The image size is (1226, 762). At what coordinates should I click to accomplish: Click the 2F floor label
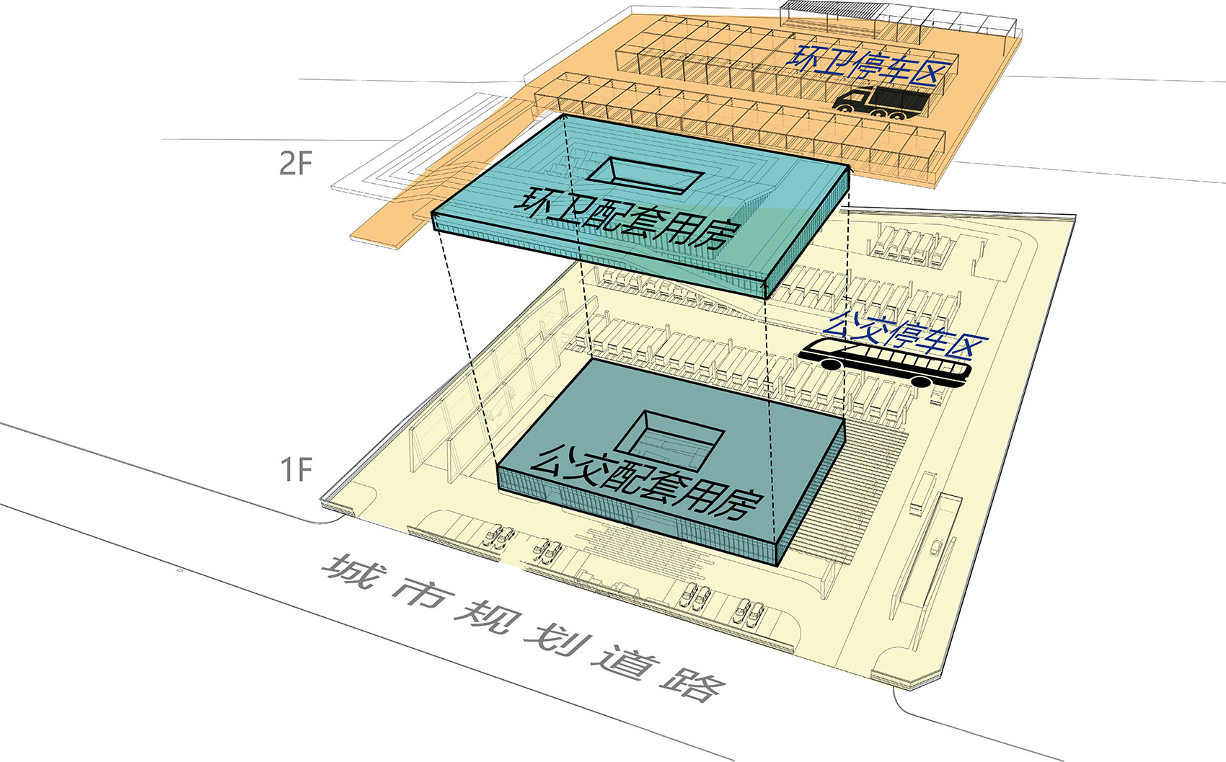click(296, 162)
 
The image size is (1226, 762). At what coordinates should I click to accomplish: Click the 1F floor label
click(296, 469)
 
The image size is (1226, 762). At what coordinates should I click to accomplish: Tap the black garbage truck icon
click(882, 102)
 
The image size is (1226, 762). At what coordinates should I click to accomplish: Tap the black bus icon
click(884, 362)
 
